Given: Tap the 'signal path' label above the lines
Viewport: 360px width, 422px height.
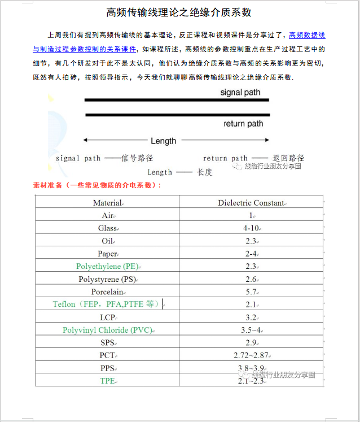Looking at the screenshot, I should point(240,92).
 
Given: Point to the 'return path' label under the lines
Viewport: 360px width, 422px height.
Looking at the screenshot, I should point(243,124).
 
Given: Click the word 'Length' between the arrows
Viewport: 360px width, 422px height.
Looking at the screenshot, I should point(163,141).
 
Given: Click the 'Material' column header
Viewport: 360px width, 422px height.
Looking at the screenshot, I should point(107,203).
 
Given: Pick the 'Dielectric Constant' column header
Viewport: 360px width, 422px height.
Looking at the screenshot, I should point(251,203).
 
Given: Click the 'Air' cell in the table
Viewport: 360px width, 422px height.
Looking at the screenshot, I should point(107,215).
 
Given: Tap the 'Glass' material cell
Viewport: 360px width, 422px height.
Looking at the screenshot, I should point(107,228).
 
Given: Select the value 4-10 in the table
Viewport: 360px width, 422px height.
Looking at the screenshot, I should point(251,228).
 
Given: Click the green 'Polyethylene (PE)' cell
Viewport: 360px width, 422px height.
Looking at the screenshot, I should point(107,266).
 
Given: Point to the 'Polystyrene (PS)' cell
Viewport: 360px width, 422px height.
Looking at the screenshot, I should point(107,279).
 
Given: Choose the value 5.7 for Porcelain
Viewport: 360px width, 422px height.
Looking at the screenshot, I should point(251,292).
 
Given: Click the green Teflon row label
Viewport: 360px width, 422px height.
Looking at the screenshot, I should point(107,304).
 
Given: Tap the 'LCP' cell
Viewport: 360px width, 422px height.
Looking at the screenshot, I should point(107,317).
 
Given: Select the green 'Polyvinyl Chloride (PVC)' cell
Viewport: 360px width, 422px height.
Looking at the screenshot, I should point(107,330).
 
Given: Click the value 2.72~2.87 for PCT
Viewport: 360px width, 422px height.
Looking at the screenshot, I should point(251,355).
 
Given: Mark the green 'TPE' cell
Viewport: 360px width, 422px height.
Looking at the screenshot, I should point(107,380).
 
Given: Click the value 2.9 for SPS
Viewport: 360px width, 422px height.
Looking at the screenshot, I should point(251,342).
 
